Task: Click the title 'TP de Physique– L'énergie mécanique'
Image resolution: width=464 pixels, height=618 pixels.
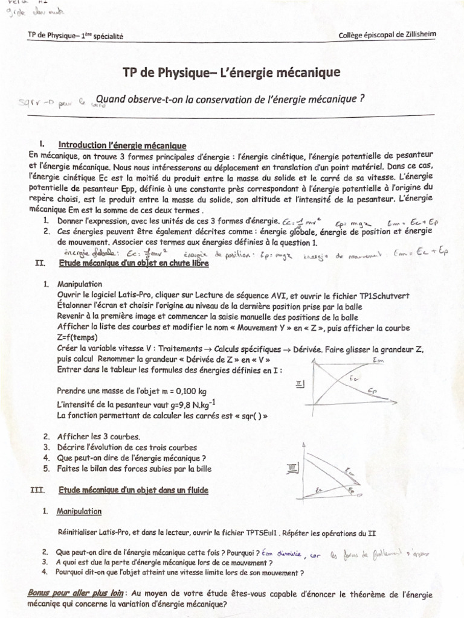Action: pos(232,73)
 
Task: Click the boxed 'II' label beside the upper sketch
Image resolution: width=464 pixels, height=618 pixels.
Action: pos(300,383)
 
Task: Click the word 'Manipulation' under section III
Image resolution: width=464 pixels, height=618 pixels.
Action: pos(79,511)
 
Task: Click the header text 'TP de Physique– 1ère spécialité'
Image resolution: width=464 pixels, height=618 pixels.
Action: pos(76,36)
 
